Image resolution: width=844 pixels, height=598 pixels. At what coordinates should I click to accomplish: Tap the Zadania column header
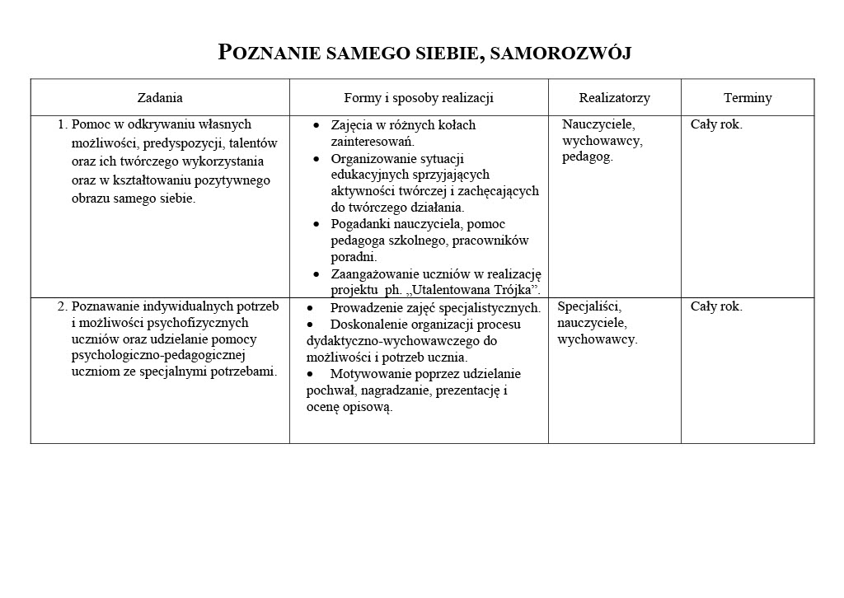[160, 98]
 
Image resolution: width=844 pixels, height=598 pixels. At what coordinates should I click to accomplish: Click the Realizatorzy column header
[614, 98]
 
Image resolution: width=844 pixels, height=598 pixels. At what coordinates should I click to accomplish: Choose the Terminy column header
[748, 98]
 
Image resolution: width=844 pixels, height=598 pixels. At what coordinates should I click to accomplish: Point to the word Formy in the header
[362, 98]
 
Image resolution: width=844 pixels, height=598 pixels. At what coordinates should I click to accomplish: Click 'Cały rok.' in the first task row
[716, 125]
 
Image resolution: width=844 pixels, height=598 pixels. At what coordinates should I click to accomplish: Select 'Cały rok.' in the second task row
[716, 306]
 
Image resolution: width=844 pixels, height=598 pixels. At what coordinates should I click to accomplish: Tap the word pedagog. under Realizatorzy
[588, 157]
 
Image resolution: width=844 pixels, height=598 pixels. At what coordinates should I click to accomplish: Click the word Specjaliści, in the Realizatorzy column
[589, 306]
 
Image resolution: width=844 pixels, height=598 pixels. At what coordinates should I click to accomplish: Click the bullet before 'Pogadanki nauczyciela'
[317, 224]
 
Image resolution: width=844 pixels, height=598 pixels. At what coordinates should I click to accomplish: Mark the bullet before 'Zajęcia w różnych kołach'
[317, 125]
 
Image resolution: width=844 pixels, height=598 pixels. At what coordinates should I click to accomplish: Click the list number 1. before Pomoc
[63, 125]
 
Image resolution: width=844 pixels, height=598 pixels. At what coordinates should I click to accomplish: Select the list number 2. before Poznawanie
[63, 306]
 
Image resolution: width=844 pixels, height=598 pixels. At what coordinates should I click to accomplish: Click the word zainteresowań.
[373, 142]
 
